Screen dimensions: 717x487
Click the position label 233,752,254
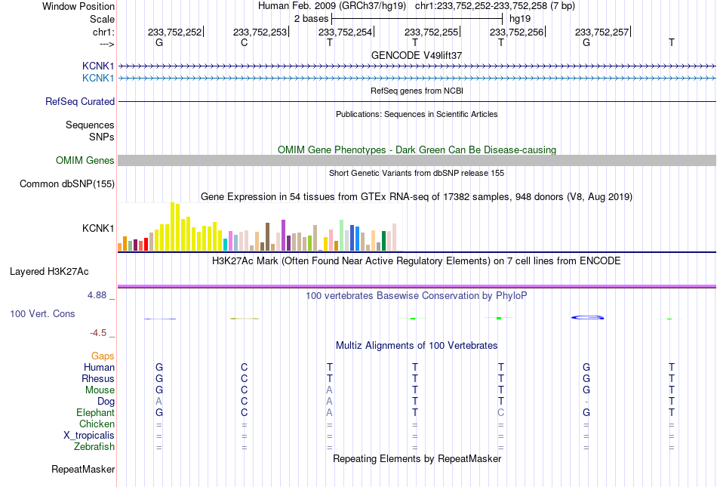(x=345, y=32)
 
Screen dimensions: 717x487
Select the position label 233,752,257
(x=602, y=32)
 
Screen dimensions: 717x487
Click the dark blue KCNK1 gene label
(x=98, y=66)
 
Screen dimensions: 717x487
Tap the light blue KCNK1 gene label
(x=98, y=79)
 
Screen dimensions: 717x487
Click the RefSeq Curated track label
(x=80, y=101)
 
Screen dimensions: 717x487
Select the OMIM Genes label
(x=85, y=161)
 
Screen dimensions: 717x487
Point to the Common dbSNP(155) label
(x=67, y=183)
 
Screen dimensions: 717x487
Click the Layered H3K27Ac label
(x=49, y=272)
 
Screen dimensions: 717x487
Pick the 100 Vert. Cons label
(x=42, y=313)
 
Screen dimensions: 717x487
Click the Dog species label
(x=106, y=402)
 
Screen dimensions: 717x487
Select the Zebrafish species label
(x=94, y=447)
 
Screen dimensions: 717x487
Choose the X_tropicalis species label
(x=89, y=436)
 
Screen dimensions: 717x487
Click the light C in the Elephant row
(x=500, y=412)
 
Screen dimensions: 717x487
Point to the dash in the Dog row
(x=586, y=402)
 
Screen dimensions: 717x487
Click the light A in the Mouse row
(x=329, y=390)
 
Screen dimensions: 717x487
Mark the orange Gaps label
(x=103, y=356)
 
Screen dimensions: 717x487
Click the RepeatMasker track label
(x=83, y=469)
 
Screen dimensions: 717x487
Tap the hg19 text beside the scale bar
(x=520, y=19)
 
